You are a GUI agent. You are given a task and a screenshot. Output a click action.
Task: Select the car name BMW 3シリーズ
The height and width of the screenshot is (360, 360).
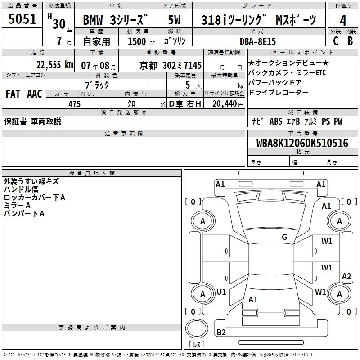tap(116, 20)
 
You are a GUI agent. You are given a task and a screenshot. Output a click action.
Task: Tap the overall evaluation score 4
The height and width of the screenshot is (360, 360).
tap(343, 20)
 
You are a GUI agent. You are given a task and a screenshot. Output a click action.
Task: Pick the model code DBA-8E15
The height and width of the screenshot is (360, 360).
tap(258, 41)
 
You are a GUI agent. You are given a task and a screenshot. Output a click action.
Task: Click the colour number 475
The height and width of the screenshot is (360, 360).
tap(74, 104)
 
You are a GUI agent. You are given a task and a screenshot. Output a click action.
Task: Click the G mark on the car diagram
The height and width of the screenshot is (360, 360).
tap(284, 237)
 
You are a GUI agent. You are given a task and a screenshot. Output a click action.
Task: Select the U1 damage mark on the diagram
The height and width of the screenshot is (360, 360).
tap(221, 292)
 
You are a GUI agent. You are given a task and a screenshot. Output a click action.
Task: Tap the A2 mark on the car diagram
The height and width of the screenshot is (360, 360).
tap(346, 276)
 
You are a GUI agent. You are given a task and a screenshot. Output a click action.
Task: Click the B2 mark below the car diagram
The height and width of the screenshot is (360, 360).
tap(221, 333)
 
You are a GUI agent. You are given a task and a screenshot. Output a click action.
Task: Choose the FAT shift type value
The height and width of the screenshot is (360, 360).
tap(13, 94)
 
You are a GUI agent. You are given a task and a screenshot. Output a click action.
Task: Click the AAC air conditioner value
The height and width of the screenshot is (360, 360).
tap(34, 94)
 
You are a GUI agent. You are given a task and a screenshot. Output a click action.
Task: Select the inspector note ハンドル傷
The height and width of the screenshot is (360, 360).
tap(21, 189)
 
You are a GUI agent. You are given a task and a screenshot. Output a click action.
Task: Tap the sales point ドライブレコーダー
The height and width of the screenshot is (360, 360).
tap(279, 92)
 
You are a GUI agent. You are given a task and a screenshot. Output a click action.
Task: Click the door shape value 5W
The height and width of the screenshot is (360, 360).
tap(175, 20)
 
